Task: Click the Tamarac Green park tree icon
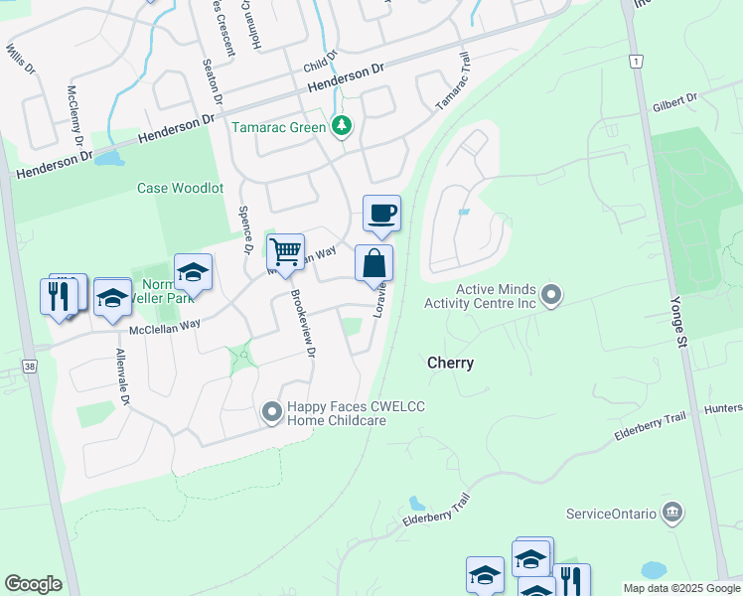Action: (x=342, y=126)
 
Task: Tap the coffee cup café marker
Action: (x=381, y=212)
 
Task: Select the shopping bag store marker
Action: (x=374, y=263)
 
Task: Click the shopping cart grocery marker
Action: (x=285, y=251)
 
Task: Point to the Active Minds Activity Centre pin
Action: (x=552, y=295)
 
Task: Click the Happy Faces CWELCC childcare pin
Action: (x=271, y=411)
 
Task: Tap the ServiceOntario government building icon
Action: (x=672, y=513)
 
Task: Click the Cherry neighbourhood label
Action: (x=450, y=364)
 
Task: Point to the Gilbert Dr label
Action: (x=675, y=101)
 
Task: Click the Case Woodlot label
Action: (x=180, y=188)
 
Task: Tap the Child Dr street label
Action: (x=321, y=64)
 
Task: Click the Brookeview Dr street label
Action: (x=302, y=324)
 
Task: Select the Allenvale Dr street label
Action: (x=122, y=377)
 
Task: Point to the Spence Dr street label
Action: (x=243, y=229)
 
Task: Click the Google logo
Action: (x=33, y=584)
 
